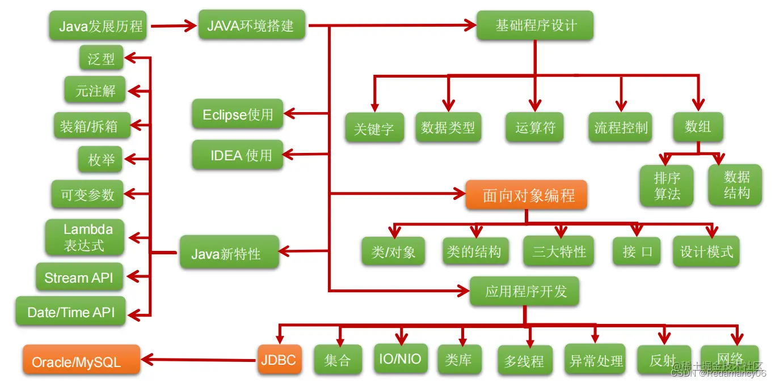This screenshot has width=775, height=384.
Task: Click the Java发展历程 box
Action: (x=98, y=26)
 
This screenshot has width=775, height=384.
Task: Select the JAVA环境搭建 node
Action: (x=251, y=25)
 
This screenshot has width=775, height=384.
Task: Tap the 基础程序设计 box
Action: (x=534, y=26)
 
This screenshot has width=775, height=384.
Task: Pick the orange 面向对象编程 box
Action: (x=527, y=196)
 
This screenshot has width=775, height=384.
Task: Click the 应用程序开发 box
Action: (x=525, y=292)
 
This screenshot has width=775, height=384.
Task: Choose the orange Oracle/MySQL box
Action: (x=81, y=360)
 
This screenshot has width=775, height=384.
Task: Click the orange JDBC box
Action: (x=279, y=360)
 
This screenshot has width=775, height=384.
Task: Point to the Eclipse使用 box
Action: (x=237, y=115)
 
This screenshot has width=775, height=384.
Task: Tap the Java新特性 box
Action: (x=229, y=253)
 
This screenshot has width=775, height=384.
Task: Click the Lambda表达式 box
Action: (x=86, y=237)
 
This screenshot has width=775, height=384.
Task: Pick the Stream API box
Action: (x=79, y=278)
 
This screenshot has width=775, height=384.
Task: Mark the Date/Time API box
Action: (x=70, y=312)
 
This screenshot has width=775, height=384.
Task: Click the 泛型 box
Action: (x=101, y=59)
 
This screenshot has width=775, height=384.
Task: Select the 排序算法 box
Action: (x=667, y=186)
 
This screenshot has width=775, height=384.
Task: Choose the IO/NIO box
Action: (x=400, y=359)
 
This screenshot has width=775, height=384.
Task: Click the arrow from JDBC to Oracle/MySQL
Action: (x=199, y=360)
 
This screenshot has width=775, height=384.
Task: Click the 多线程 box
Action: (x=524, y=361)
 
